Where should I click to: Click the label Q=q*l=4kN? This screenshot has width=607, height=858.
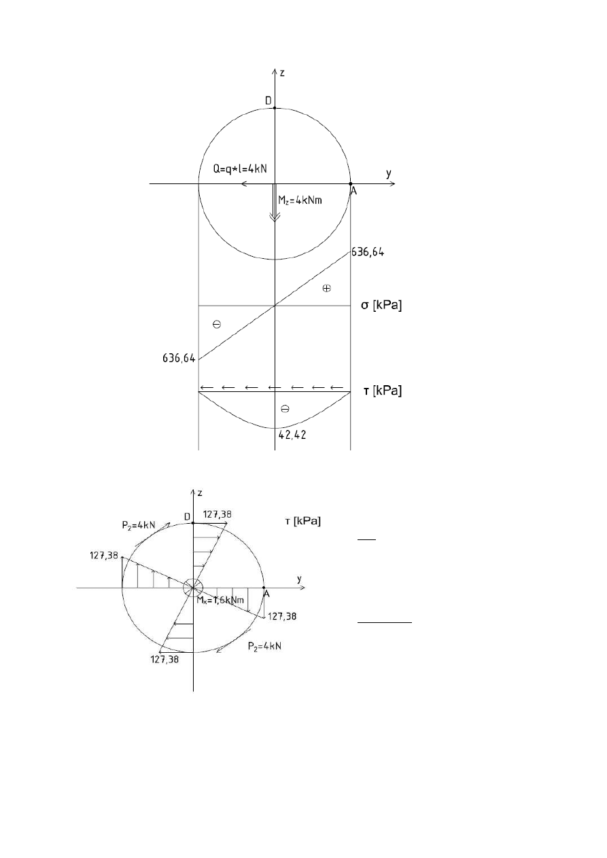240,169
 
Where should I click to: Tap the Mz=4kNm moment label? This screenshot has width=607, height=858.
300,200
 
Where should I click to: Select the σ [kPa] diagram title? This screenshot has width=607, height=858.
381,305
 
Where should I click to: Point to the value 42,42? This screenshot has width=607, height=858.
292,435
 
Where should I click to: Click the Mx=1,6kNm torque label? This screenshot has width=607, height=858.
220,601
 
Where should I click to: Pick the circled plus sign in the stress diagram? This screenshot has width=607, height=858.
326,288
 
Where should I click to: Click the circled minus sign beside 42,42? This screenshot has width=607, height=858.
285,409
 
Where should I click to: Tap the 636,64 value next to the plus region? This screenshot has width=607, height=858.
368,252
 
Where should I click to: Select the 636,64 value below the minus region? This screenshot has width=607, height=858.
179,359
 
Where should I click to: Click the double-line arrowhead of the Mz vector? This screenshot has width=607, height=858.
275,217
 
